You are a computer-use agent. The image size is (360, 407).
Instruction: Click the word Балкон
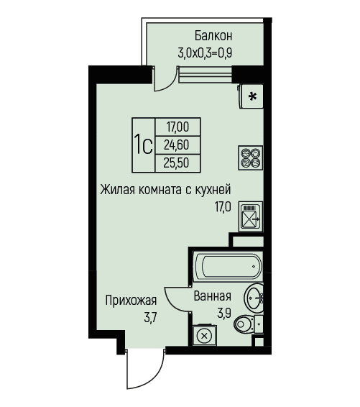(213, 36)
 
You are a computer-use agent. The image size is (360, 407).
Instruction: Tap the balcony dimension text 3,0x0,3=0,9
(205, 53)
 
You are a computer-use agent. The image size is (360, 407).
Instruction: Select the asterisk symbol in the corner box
(252, 96)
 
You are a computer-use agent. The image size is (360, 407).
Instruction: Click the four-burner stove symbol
(251, 157)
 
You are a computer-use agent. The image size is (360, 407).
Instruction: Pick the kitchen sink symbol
(251, 216)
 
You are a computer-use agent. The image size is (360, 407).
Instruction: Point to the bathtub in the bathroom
(228, 266)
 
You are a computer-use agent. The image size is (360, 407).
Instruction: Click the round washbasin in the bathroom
(254, 298)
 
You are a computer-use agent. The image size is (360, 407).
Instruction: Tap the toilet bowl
(248, 324)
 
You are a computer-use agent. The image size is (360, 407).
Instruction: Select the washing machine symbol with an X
(204, 335)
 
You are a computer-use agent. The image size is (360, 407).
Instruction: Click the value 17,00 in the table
(177, 127)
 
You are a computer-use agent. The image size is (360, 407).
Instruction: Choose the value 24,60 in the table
(176, 145)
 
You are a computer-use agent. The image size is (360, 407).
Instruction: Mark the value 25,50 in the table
(176, 163)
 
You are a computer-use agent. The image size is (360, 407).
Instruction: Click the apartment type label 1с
(143, 145)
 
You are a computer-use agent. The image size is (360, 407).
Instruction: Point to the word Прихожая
(131, 301)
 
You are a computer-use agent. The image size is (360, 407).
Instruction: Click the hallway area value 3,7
(150, 317)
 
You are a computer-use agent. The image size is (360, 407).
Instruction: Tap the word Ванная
(213, 296)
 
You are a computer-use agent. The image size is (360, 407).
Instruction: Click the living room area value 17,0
(222, 207)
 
